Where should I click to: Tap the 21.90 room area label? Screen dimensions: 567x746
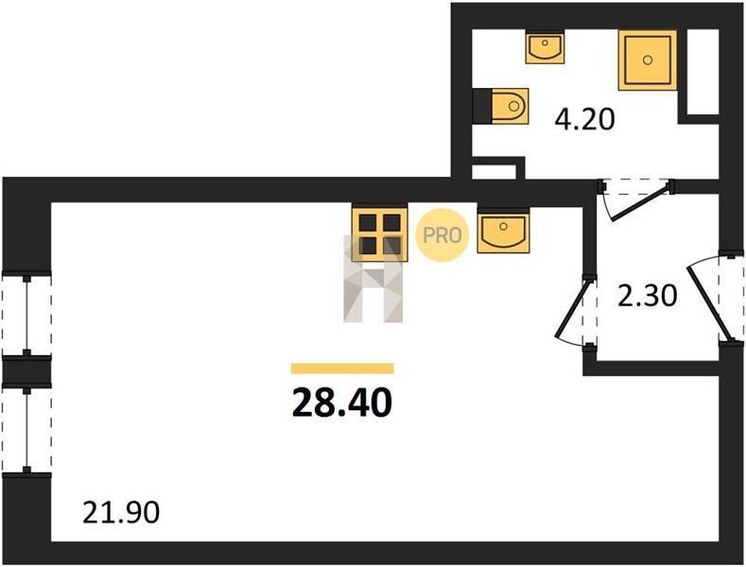click(120, 513)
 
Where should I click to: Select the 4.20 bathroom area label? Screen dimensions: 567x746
click(584, 120)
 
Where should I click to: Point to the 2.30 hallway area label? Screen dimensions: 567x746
click(647, 297)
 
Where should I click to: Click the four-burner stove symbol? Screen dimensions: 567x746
click(379, 232)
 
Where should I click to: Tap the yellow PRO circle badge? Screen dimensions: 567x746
click(442, 234)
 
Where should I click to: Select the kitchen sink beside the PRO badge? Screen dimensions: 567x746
click(502, 232)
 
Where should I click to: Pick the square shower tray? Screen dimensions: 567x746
click(648, 60)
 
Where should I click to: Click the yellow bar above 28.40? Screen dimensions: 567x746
click(341, 369)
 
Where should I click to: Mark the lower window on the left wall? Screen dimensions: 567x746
click(26, 429)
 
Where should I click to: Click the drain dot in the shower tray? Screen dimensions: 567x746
click(648, 59)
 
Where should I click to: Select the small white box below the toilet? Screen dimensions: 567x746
click(494, 171)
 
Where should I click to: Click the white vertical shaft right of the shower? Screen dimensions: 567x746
click(703, 71)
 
